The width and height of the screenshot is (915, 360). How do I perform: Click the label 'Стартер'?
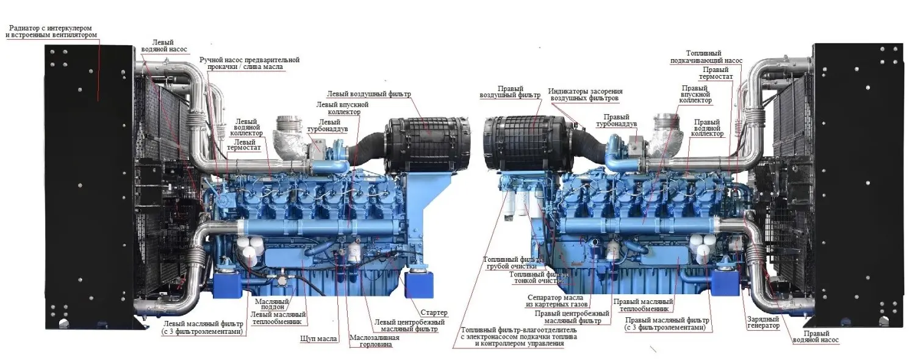(434, 313)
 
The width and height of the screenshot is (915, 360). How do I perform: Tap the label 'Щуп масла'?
(319, 338)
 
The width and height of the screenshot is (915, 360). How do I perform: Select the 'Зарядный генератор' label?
(763, 322)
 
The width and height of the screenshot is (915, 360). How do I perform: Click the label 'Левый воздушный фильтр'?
(369, 95)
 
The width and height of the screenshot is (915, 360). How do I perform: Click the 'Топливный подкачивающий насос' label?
(714, 57)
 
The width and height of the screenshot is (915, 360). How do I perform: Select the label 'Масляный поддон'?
(271, 303)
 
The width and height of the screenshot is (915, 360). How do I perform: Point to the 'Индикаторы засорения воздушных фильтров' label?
(585, 95)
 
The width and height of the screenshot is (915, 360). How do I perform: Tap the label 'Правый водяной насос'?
(815, 337)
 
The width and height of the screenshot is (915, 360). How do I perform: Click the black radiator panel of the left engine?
(88, 183)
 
